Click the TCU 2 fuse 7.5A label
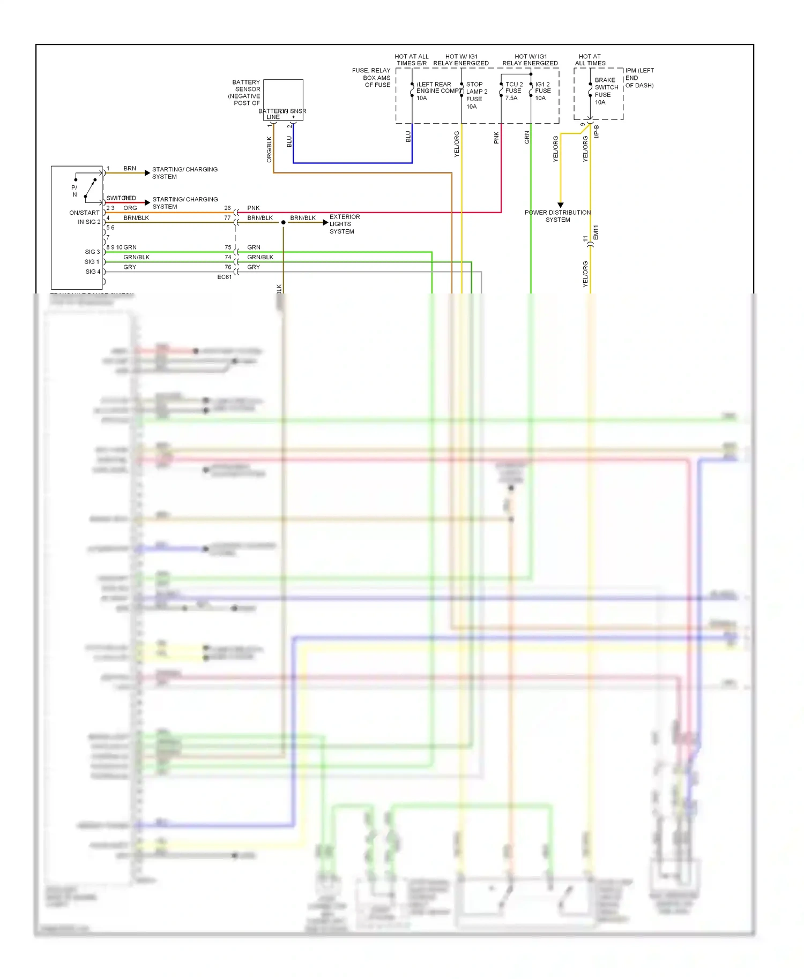513,91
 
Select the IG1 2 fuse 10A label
542,91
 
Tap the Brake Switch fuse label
606,91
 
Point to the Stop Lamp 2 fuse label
476,95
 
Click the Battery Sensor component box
283,100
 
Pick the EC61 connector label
225,277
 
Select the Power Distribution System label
557,216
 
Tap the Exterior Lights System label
344,224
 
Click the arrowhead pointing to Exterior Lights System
325,222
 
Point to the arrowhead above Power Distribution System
561,205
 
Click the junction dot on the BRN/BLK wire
284,222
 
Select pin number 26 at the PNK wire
227,208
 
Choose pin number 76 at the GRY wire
228,267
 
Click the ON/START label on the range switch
84,213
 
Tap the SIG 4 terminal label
92,272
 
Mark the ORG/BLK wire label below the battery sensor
269,149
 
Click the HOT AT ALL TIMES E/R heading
412,60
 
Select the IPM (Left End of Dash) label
639,78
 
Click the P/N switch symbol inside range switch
88,187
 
